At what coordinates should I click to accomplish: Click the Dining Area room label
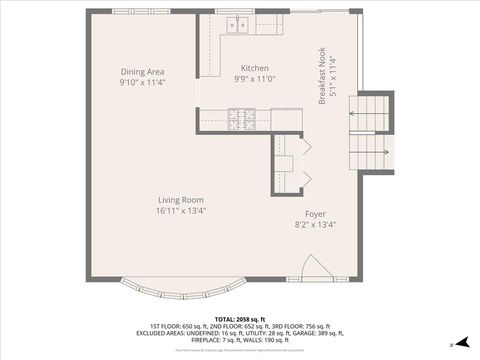(142, 72)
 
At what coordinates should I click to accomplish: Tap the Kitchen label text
(254, 67)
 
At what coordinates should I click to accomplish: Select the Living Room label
(180, 199)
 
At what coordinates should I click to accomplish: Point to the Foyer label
(316, 214)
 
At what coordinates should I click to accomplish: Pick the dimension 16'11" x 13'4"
(180, 211)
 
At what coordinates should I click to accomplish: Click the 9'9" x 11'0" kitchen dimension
(254, 79)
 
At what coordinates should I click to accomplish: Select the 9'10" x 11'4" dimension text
(142, 83)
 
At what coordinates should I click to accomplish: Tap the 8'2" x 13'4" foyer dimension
(316, 226)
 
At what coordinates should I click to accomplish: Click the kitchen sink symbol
(237, 25)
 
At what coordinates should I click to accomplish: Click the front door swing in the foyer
(312, 266)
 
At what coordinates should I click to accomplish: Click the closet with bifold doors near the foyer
(288, 161)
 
